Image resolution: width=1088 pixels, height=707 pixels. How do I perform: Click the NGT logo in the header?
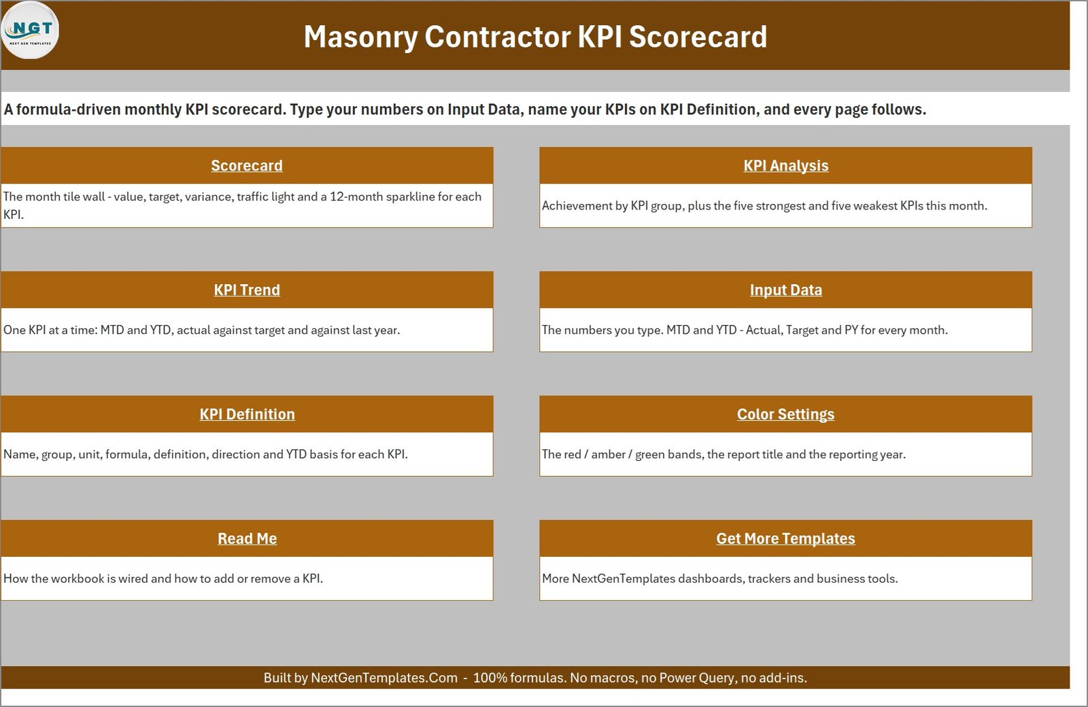pos(30,31)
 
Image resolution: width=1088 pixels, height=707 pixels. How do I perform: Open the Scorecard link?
pos(247,166)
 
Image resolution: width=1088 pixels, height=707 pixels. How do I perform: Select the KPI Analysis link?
pos(786,166)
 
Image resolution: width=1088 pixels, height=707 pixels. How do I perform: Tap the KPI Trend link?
pos(247,290)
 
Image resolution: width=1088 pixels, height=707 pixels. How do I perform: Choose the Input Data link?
pos(786,290)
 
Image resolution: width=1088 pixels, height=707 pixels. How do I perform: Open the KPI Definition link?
pos(248,414)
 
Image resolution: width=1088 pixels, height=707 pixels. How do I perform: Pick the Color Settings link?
pos(786,414)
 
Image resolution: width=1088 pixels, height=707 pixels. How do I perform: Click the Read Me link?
pos(248,538)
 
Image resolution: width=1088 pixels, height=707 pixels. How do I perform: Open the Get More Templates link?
pos(786,538)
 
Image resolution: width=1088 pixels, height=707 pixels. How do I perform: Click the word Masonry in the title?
pos(360,37)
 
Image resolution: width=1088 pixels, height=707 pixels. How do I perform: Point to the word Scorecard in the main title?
pos(698,37)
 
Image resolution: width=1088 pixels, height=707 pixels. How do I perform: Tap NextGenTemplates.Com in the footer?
pos(384,678)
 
